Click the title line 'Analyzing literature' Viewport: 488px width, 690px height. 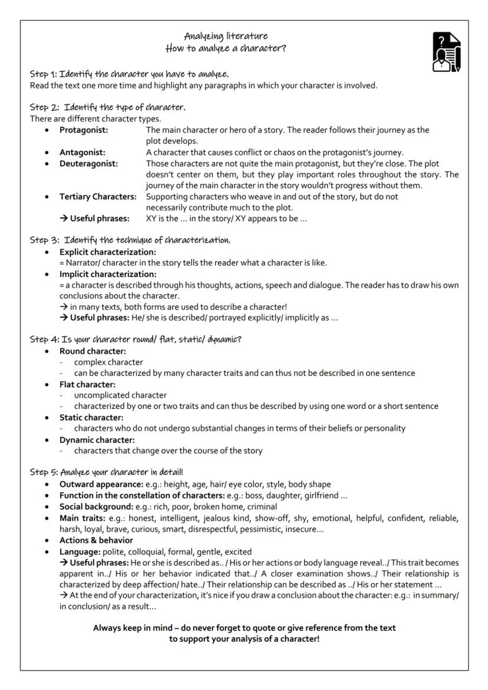coord(226,36)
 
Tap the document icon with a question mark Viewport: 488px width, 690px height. coord(447,52)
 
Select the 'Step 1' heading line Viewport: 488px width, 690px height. coord(130,74)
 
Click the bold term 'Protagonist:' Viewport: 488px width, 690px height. coord(84,130)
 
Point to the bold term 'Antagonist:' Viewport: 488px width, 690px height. coord(83,153)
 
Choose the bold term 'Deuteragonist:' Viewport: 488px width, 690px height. coord(88,164)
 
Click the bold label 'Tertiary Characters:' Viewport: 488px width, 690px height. coord(98,197)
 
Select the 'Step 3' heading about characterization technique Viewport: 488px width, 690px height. coord(130,240)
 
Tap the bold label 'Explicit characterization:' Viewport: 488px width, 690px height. coord(108,252)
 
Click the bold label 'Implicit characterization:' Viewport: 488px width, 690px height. coord(108,274)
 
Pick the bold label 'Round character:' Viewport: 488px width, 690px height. coord(93,351)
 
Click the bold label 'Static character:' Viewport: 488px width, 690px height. coord(91,417)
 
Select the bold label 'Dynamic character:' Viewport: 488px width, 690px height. coord(97,440)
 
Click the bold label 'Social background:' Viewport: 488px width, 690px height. coord(96,507)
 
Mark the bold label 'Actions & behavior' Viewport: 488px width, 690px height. coord(96,540)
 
